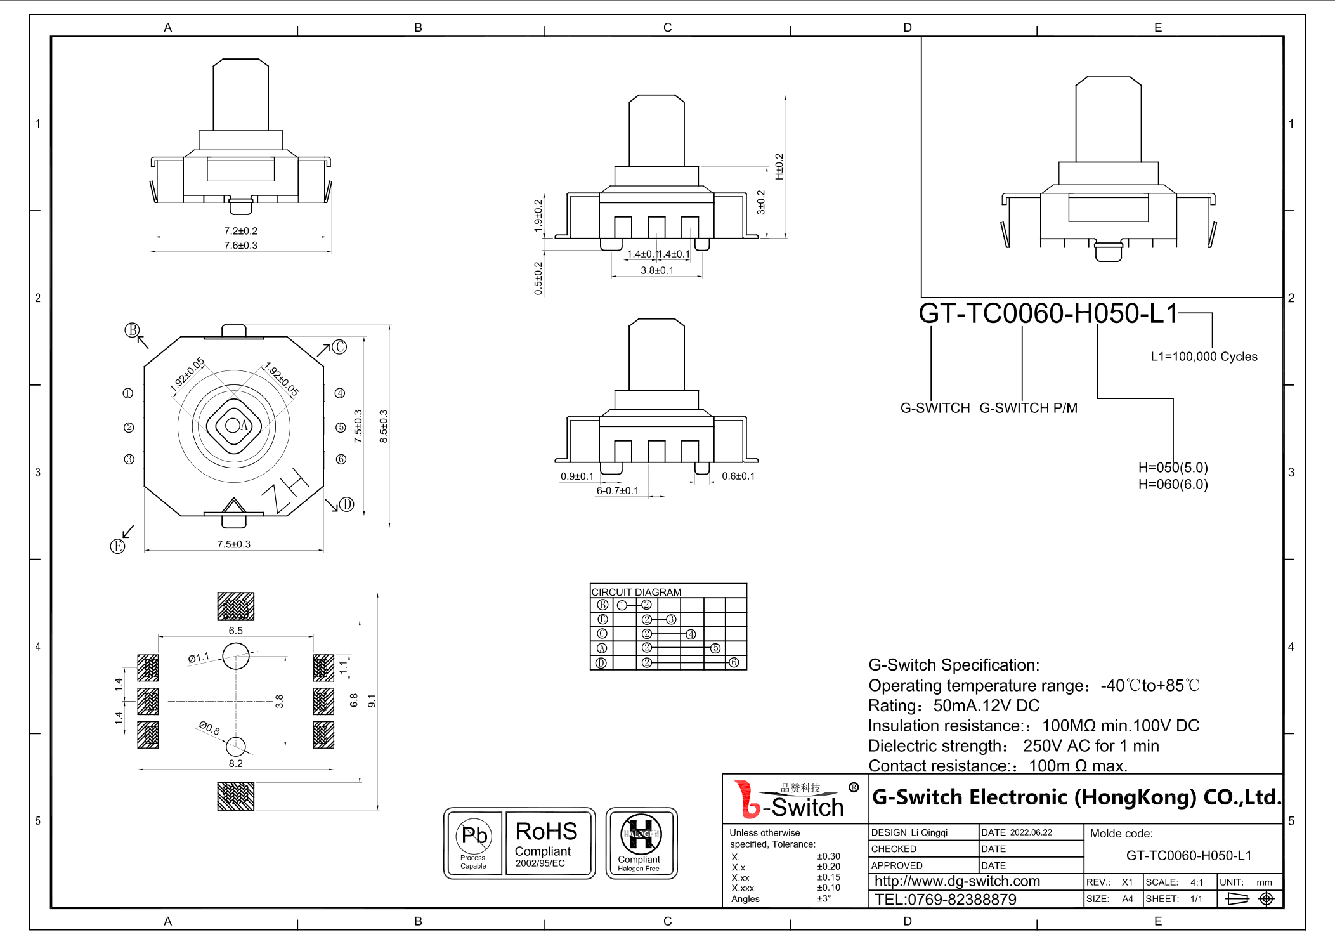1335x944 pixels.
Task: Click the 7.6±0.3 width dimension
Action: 240,246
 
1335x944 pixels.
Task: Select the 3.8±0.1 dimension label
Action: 657,270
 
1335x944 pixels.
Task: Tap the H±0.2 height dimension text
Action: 779,166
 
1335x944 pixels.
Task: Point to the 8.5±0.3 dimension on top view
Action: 383,426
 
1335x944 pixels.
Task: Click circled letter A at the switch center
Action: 244,426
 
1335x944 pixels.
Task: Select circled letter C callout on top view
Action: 340,347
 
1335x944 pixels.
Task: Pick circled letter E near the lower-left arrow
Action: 117,546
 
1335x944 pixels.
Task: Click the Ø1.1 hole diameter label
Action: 199,659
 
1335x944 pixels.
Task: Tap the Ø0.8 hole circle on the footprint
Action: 236,746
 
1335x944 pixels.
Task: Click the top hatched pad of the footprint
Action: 235,606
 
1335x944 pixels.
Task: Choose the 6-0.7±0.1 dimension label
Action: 617,490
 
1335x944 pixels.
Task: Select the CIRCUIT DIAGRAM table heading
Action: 636,592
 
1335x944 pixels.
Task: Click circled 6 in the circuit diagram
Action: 734,662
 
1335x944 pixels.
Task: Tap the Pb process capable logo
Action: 473,842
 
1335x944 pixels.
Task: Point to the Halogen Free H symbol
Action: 641,835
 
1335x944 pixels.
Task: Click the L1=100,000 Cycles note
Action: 1204,357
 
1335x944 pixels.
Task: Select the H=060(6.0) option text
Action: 1173,485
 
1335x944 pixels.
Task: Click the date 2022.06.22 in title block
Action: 1031,832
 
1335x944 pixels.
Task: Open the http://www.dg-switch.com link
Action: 957,881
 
